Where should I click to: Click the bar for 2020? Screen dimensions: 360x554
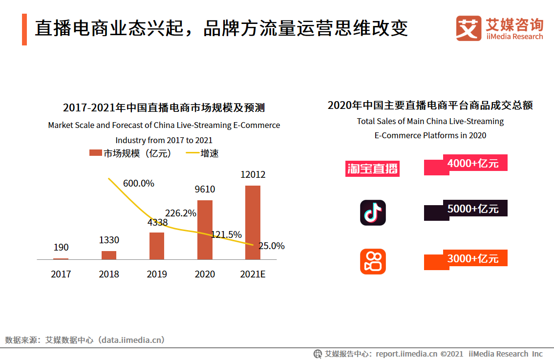205,230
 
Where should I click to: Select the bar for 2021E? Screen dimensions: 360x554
253,222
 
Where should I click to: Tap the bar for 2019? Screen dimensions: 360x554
157,246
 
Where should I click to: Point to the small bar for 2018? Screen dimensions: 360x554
109,255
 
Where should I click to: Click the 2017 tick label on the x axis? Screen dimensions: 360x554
61,274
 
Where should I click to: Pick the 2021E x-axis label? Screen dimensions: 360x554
253,274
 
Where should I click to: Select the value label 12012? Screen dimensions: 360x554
253,175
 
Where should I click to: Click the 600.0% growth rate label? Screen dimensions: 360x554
139,184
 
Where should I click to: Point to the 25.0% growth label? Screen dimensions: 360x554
272,246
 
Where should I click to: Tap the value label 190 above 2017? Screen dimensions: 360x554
61,248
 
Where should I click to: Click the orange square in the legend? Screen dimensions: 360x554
95,153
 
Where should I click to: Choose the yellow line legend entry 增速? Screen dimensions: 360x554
203,153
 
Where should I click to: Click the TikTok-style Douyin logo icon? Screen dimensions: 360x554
373,212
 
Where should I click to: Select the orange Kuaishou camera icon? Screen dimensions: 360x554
373,261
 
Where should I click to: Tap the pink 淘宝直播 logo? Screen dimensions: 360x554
372,169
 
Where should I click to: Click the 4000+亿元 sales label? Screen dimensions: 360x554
472,164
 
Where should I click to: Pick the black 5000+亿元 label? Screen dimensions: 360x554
472,209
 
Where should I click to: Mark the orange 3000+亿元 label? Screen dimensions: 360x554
472,259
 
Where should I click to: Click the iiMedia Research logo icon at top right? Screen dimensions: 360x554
469,28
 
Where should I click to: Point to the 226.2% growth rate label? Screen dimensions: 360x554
181,213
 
